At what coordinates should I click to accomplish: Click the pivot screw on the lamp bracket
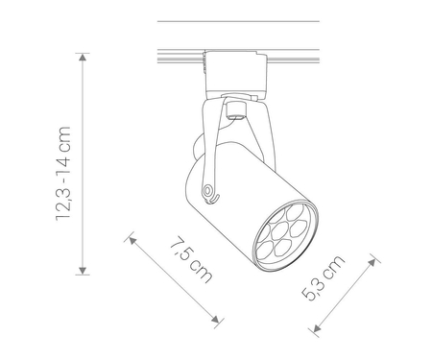click(209, 196)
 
